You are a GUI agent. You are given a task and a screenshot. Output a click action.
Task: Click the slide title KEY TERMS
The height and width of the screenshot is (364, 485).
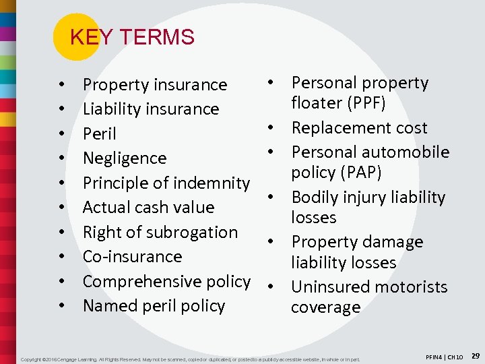pos(132,37)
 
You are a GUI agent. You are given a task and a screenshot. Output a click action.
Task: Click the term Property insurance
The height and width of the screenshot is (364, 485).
pos(155,85)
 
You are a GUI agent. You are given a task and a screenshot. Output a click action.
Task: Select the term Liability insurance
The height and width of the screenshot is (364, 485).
pos(151,109)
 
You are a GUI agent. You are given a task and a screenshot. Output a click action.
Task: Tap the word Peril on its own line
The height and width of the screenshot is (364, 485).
pos(99,134)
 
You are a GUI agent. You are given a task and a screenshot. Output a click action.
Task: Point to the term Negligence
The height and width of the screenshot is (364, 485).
pos(125,158)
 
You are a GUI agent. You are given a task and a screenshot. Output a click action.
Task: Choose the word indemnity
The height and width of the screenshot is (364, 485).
pos(212,183)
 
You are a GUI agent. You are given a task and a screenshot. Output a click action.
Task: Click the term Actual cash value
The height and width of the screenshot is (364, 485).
pos(148,208)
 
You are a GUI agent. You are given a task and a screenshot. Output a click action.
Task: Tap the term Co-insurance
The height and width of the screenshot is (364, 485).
pos(132,257)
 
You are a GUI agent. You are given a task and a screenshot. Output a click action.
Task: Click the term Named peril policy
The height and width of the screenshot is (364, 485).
pos(154,306)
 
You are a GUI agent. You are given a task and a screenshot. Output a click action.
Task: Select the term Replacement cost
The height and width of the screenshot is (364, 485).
pos(359,128)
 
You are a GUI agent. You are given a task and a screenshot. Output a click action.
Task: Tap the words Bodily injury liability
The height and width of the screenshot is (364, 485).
pos(368,198)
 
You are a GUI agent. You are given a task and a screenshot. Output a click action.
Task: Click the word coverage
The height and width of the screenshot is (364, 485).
pos(325,307)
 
